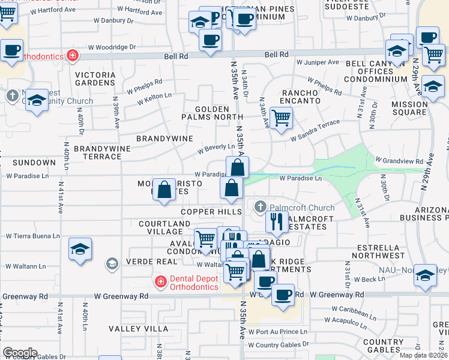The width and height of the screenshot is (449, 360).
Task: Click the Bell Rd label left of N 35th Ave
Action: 176,55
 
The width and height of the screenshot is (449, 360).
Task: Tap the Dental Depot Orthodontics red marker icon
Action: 160,281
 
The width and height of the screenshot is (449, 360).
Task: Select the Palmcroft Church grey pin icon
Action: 260,207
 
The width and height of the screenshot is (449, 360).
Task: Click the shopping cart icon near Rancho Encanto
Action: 280,118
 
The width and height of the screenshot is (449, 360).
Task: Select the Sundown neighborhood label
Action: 34,163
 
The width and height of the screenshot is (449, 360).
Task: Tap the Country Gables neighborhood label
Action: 382,346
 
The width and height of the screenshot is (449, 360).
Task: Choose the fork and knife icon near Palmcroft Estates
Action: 276,221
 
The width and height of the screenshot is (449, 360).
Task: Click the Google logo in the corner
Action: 20,352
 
